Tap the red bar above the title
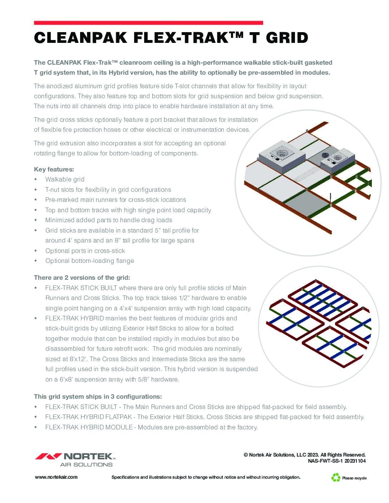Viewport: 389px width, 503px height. pos(148,23)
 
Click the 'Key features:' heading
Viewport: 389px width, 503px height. pos(54,169)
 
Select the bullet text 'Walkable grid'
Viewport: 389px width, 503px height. pos(65,179)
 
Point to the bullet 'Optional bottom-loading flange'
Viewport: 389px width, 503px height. pos(89,261)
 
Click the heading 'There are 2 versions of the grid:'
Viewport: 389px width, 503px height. pos(82,278)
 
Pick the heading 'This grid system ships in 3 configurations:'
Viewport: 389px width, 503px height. pos(98,397)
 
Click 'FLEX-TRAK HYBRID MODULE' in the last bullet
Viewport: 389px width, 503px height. pos(89,427)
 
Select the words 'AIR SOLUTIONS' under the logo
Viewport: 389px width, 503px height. pos(86,465)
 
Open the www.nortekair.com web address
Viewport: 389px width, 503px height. pos(56,477)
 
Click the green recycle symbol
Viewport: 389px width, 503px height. pos(336,477)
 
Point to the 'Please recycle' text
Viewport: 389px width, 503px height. pos(354,478)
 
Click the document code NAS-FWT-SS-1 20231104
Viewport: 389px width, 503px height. pos(337,461)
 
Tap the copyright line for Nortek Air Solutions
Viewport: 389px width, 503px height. pos(305,455)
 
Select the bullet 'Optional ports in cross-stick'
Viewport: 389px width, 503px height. pos(85,251)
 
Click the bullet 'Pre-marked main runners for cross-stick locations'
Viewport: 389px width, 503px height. pos(115,200)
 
